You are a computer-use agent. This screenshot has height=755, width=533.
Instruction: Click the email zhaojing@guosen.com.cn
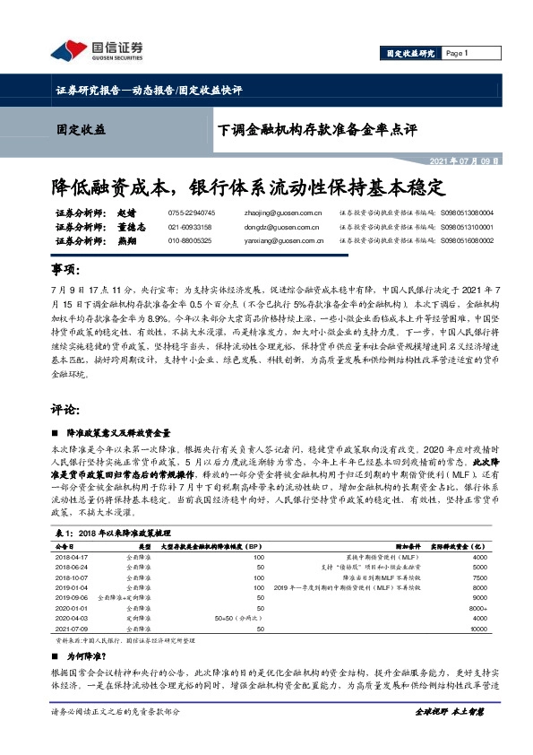(x=283, y=214)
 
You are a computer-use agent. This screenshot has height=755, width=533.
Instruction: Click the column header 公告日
(x=64, y=545)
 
